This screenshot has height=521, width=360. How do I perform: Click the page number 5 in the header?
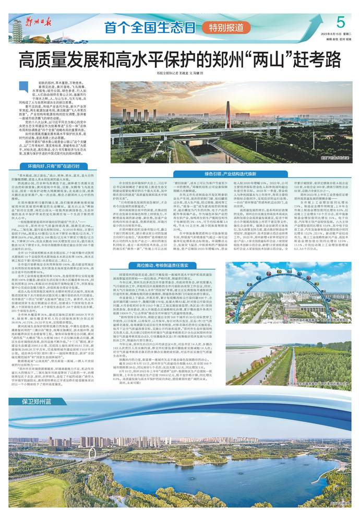tap(341, 22)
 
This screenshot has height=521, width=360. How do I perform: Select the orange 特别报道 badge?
tap(225, 27)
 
